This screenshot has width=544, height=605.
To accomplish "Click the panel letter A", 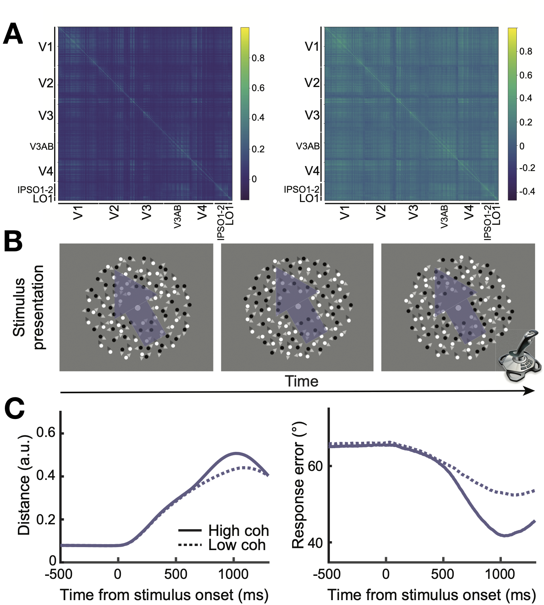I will point(13,34).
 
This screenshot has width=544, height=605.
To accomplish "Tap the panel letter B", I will point(13,242).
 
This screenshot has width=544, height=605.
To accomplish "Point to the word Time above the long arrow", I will point(301,381).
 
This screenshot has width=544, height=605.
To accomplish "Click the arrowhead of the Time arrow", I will point(530,391).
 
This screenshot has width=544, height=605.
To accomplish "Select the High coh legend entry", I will point(224,530).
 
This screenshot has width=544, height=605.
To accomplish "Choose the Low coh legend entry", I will point(222,545).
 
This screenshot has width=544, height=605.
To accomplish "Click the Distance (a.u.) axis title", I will point(24,485).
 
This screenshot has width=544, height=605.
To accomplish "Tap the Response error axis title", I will point(299,485).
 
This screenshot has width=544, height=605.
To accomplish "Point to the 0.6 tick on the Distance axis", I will point(46,433).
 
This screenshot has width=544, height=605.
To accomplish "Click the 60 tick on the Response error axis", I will point(315,466).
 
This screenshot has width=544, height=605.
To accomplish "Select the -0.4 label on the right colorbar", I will point(527,192).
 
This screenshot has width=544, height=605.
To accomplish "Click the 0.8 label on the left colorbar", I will point(258,58).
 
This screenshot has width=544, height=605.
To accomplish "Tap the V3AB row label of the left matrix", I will point(41,146).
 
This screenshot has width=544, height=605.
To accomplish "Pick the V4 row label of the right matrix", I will point(312,171).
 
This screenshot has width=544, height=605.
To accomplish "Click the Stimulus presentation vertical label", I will point(28,307).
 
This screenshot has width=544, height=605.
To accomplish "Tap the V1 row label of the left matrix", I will point(46,47).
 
